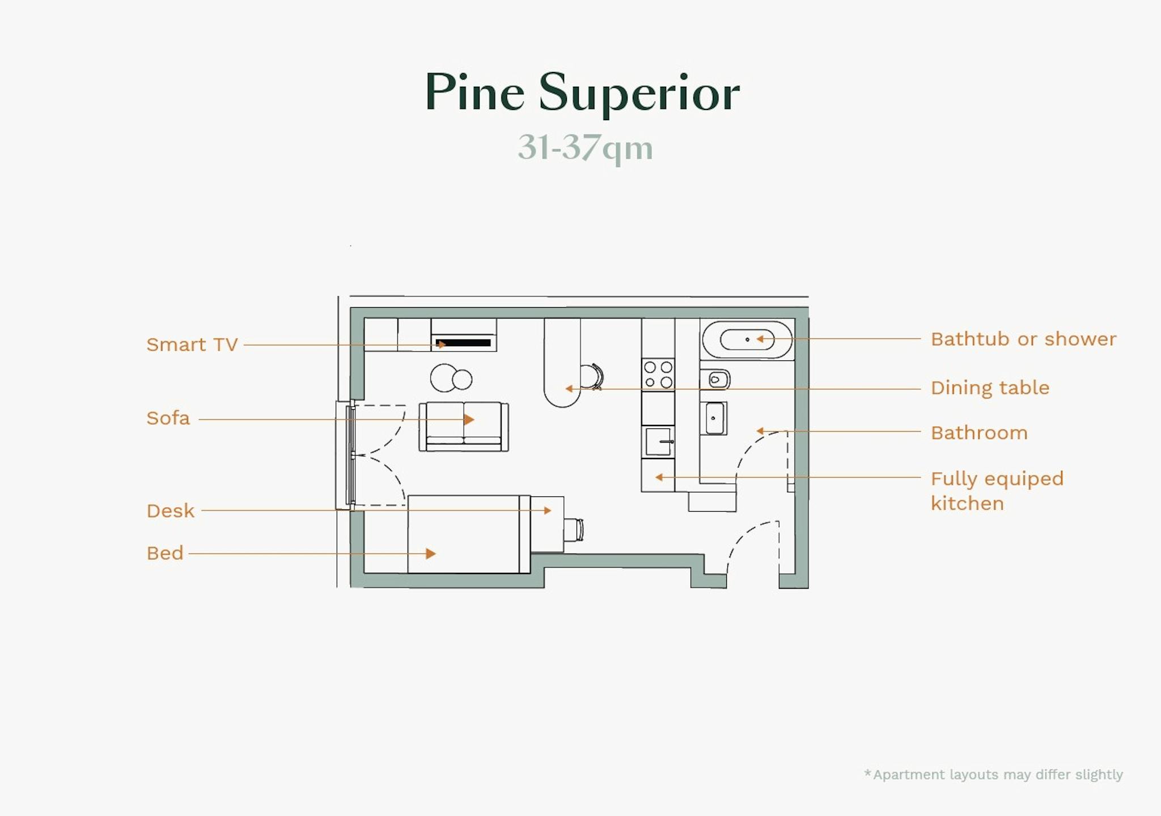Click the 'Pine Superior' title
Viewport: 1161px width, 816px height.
click(582, 93)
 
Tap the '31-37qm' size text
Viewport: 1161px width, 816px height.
click(585, 148)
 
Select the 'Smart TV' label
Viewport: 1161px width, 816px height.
click(192, 345)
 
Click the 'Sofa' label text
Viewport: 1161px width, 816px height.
click(168, 418)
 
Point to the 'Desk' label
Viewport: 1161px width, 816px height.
click(170, 511)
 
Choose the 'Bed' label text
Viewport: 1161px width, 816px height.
click(165, 553)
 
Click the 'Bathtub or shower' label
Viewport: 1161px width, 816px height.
click(1023, 339)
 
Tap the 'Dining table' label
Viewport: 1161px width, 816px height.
click(990, 388)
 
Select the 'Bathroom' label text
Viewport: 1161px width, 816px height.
click(979, 433)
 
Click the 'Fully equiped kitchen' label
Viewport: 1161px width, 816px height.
click(997, 491)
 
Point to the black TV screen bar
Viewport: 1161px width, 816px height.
click(463, 343)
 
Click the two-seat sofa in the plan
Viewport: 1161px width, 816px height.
click(464, 427)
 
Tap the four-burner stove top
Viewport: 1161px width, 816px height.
click(658, 375)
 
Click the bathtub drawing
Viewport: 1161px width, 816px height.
click(747, 339)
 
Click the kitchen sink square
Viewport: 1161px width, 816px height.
click(658, 442)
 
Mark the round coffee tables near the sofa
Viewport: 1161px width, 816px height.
click(451, 379)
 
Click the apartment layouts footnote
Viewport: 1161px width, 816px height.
click(993, 775)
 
